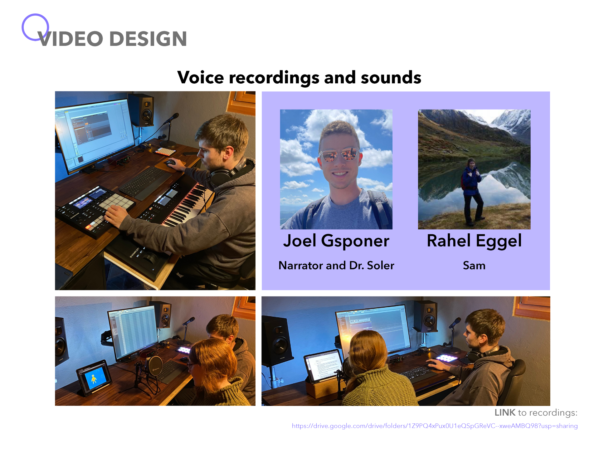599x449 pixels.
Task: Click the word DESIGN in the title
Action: click(148, 39)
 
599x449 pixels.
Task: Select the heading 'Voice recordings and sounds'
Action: click(299, 77)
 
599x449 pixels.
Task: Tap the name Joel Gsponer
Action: click(336, 241)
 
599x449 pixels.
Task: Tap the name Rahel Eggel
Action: click(474, 241)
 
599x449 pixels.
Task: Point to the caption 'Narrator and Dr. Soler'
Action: click(336, 266)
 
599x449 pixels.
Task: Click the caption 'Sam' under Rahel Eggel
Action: click(474, 266)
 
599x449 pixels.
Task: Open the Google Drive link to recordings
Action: click(435, 426)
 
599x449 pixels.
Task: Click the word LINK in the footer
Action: click(505, 412)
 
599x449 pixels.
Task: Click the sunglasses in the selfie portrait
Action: click(339, 154)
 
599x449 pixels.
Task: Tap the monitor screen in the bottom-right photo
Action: click(373, 331)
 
